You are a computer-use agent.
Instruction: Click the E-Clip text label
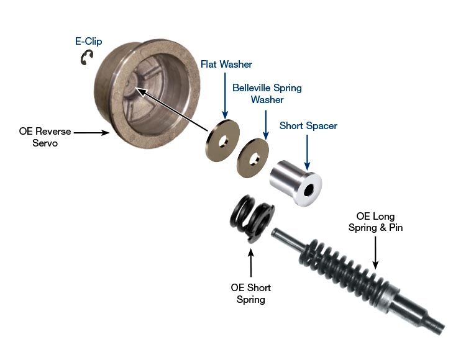88,41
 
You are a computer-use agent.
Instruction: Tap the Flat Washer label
226,64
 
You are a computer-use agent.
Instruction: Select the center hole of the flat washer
223,142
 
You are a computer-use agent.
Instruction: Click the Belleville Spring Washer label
267,94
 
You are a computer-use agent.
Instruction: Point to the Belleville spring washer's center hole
254,159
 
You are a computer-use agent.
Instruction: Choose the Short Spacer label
308,125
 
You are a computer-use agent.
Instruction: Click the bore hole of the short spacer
309,190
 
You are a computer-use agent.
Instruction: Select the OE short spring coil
252,218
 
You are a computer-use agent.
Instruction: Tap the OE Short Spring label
251,293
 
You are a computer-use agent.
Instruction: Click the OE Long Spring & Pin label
376,222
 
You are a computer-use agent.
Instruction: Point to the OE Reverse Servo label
45,137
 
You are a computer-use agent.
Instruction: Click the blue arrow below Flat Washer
225,96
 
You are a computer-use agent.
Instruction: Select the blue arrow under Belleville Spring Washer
266,125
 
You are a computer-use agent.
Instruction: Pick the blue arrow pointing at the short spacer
308,152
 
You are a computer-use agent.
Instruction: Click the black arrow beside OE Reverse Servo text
91,133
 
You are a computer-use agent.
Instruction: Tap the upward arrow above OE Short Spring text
251,263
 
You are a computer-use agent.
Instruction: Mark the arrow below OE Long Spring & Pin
375,253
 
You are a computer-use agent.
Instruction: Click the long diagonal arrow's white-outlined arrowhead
141,91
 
